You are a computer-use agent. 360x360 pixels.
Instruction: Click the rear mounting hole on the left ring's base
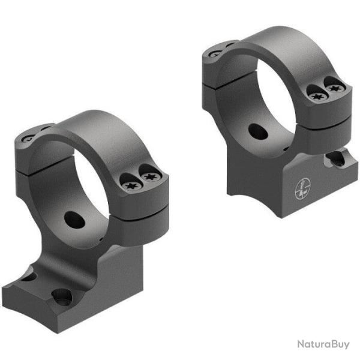click(x=29, y=277)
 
